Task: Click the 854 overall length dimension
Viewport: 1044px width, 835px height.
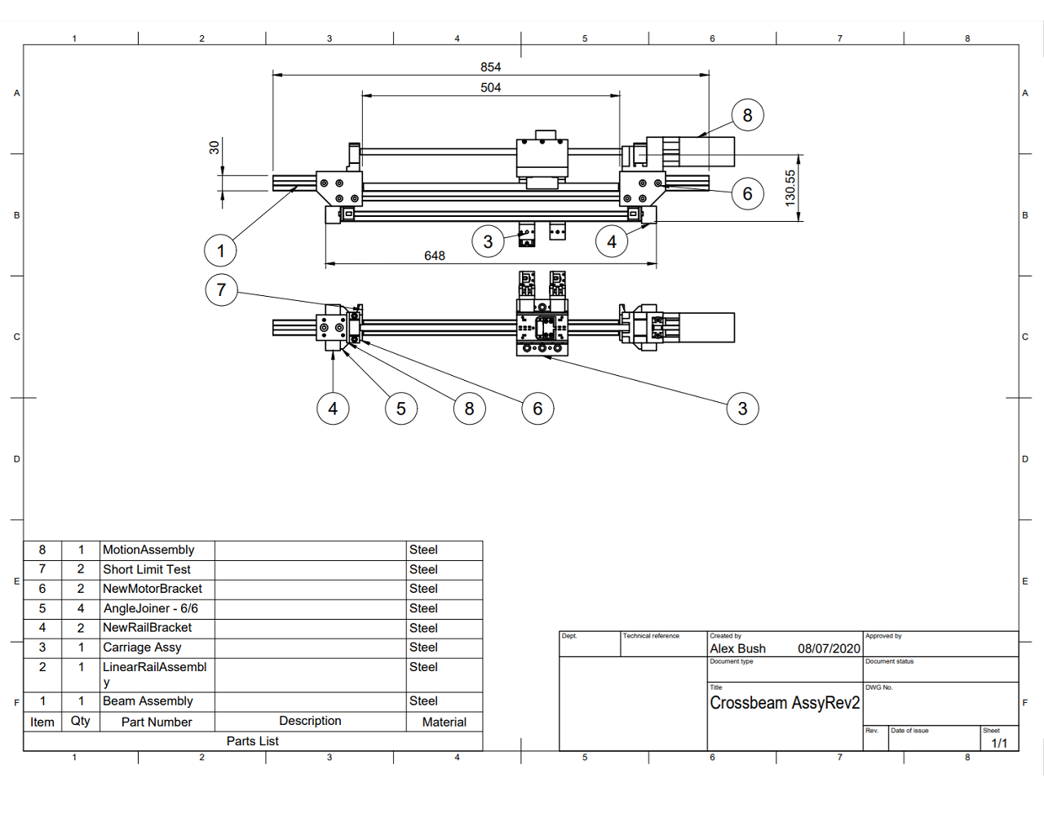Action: click(490, 67)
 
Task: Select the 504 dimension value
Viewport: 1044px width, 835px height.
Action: click(490, 87)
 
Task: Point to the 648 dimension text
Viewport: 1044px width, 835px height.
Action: click(435, 256)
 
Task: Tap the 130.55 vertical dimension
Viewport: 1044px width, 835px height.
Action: click(790, 187)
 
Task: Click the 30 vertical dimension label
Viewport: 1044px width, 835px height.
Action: click(215, 148)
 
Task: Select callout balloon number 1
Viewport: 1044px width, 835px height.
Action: click(220, 250)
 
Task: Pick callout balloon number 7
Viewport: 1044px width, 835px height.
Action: click(221, 289)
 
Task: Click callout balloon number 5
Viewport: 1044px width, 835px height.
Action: click(400, 409)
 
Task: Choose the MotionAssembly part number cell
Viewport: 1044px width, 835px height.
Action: click(148, 550)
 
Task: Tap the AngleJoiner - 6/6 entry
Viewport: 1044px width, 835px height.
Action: click(150, 608)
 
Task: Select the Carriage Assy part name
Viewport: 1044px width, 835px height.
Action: click(142, 647)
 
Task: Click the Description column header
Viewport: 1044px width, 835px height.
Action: click(310, 721)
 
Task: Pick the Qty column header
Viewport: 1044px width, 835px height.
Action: click(81, 721)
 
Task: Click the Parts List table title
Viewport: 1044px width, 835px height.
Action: click(252, 741)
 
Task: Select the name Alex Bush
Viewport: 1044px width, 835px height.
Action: click(737, 648)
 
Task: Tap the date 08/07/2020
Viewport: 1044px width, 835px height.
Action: click(829, 648)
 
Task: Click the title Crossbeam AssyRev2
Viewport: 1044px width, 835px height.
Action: click(785, 703)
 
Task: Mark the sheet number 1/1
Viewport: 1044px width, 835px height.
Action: click(999, 743)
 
